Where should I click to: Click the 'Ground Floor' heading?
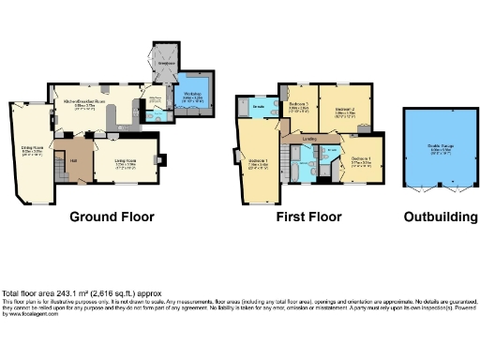[x=112, y=217]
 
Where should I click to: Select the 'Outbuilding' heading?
[x=441, y=217]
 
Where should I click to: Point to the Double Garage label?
[x=440, y=147]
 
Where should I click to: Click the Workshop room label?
[x=193, y=95]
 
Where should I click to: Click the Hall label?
[x=73, y=160]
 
